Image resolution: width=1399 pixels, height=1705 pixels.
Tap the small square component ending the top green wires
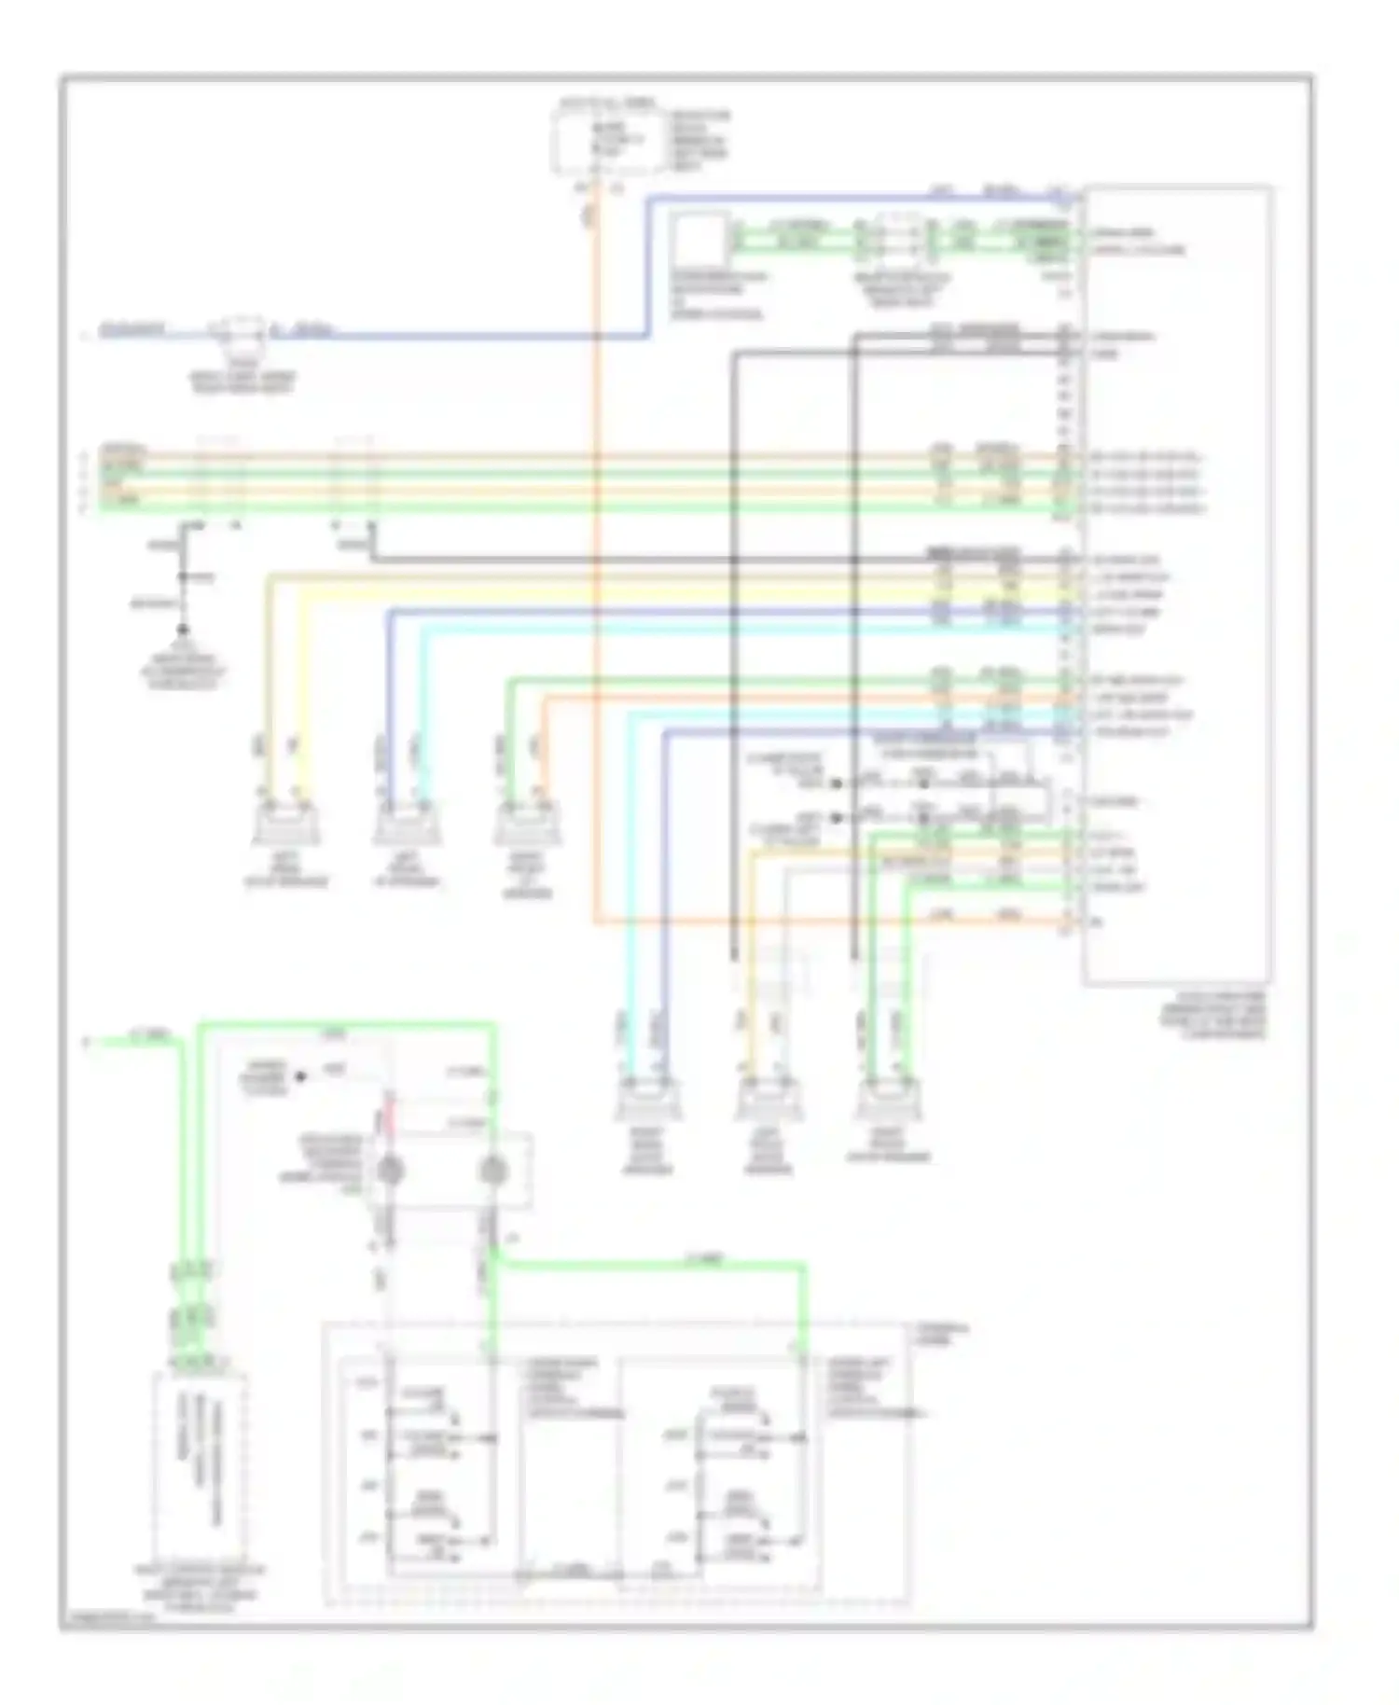click(x=700, y=239)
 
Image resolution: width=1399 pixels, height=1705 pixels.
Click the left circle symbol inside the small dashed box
click(x=389, y=1171)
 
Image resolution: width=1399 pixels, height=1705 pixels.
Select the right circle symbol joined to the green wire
click(x=492, y=1171)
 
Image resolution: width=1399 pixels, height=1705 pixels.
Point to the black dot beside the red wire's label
click(x=301, y=1076)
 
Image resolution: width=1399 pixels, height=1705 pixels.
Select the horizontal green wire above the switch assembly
click(x=653, y=1264)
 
